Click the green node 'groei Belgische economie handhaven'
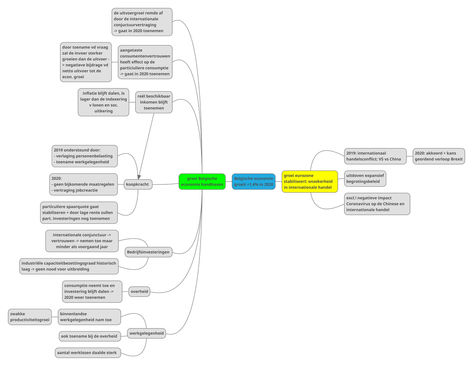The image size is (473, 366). pos(202,182)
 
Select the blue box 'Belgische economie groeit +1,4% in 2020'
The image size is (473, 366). pos(253,182)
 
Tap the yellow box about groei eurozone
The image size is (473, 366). pos(309,182)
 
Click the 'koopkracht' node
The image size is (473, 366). pos(138,184)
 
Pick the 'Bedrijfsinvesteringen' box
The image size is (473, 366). pos(148,252)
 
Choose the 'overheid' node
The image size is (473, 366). pos(139,292)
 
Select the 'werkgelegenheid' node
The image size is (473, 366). pos(147,333)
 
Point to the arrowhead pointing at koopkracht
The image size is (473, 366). pos(139,176)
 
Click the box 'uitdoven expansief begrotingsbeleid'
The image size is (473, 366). pos(365,178)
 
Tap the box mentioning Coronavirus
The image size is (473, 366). pos(377,204)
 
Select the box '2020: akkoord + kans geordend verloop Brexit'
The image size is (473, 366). pos(438,156)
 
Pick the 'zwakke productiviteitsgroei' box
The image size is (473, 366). pos(30,317)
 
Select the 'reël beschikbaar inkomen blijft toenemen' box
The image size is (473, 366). pos(154,102)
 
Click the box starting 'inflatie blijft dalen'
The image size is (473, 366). pos(103,102)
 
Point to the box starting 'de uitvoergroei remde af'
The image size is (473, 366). pos(142,22)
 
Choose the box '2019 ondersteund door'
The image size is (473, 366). pos(84,156)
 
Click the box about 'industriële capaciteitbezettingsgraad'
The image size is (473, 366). pos(69,266)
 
